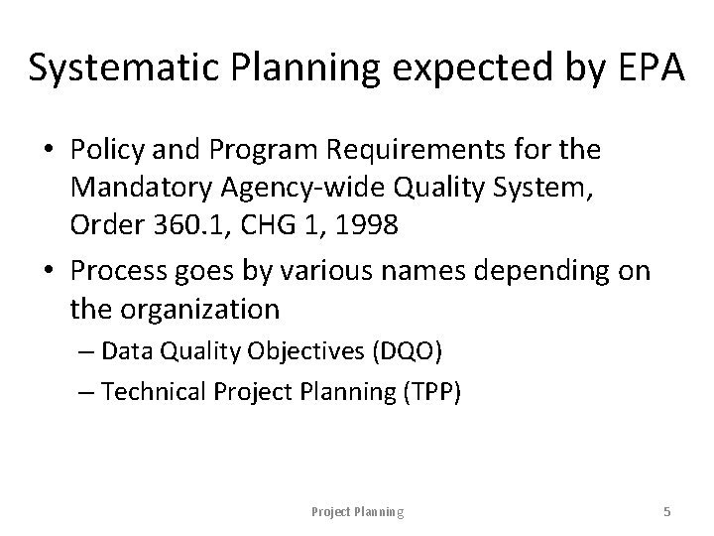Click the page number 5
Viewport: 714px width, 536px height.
coord(667,512)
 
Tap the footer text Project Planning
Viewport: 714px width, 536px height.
coord(357,512)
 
